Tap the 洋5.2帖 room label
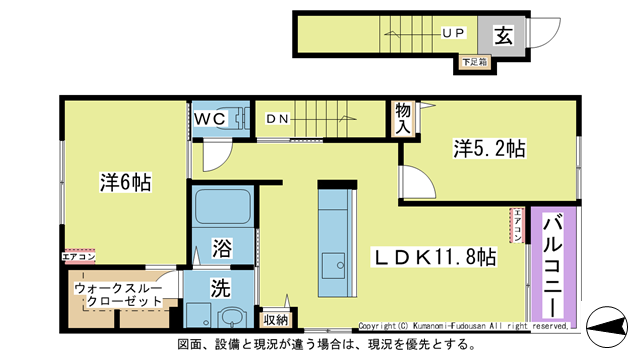[490, 149]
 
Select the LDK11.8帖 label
[436, 257]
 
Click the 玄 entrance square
[503, 36]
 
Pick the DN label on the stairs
[277, 119]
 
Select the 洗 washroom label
[220, 285]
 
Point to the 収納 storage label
[275, 319]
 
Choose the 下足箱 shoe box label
[474, 63]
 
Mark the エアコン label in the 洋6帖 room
[79, 256]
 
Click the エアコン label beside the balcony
[518, 225]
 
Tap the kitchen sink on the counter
[333, 267]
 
